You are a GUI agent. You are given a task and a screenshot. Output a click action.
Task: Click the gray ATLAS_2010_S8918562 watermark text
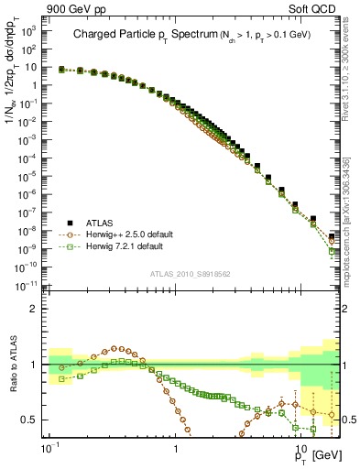(x=190, y=273)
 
